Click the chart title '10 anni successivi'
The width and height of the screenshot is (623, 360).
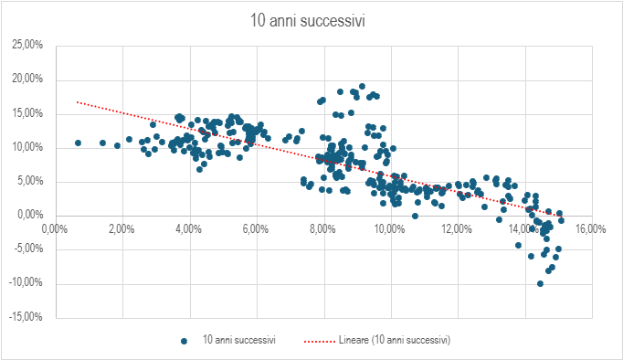307,21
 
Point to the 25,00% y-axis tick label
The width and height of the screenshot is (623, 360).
27,45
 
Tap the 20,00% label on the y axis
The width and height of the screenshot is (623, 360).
27,79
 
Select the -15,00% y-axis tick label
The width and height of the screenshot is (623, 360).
26,317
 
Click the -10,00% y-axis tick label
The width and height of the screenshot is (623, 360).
26,283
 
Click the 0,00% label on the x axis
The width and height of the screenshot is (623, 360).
55,229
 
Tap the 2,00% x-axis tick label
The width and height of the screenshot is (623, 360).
121,229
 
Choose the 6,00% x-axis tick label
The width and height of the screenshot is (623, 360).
256,229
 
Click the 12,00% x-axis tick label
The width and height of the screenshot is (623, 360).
457,229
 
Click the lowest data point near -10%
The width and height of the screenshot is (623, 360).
540,284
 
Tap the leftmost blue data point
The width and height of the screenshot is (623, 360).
78,143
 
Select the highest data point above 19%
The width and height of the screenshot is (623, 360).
362,86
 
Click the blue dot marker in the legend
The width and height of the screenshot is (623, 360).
184,341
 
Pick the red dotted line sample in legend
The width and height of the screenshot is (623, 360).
320,341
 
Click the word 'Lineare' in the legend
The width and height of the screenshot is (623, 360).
354,340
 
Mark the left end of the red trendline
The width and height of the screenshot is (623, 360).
77,101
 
